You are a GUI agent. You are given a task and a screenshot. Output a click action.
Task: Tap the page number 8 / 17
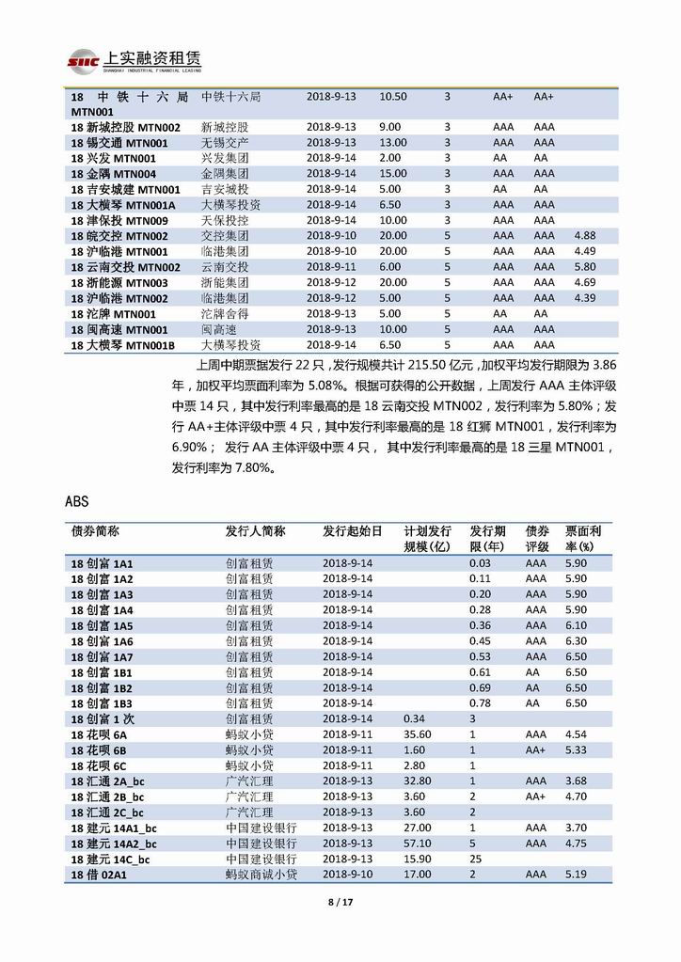(x=340, y=903)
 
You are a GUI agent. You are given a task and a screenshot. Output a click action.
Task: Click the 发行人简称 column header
(x=255, y=531)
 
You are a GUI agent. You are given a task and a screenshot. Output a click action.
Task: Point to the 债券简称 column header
(x=95, y=531)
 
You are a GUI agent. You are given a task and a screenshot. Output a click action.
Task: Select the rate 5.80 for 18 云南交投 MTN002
(x=584, y=267)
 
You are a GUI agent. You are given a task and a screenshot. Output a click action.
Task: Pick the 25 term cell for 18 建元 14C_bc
(x=476, y=859)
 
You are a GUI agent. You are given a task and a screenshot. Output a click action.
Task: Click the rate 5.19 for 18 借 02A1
(x=576, y=875)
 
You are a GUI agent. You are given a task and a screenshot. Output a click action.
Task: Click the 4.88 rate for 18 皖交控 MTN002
(x=584, y=236)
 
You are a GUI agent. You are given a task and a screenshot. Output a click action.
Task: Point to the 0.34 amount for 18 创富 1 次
(x=414, y=718)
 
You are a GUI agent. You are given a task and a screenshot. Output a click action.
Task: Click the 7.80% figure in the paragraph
(x=252, y=467)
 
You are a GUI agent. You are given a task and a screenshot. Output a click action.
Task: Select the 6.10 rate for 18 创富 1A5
(x=576, y=625)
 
